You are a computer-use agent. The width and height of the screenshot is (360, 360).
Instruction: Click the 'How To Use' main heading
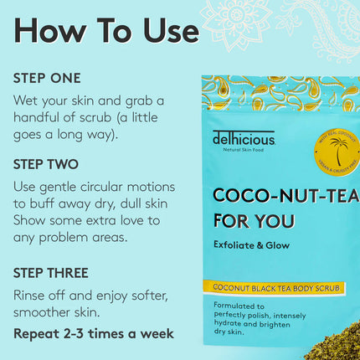[106, 30]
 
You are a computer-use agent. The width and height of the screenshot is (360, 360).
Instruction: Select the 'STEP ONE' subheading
[47, 78]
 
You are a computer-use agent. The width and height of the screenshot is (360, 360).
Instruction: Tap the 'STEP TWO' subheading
[46, 165]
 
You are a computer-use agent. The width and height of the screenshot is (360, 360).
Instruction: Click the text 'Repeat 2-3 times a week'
[94, 333]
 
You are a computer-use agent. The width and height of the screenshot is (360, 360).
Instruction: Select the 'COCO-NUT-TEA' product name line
[285, 196]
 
